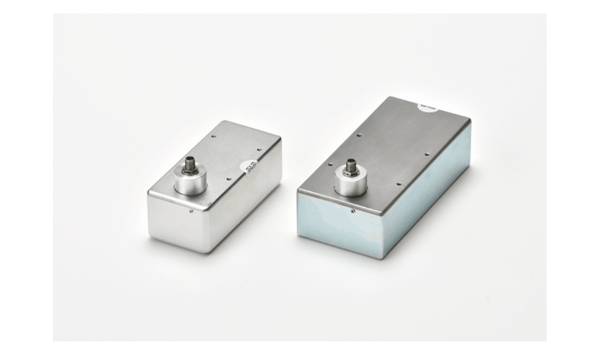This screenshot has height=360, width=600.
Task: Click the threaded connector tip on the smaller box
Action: coord(190,164)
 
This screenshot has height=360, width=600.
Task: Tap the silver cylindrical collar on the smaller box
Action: coord(191,182)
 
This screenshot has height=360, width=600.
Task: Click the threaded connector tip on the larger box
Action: coord(351,166)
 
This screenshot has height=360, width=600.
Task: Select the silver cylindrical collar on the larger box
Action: coord(351,184)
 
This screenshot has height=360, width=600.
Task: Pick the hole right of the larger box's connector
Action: coord(398,185)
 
